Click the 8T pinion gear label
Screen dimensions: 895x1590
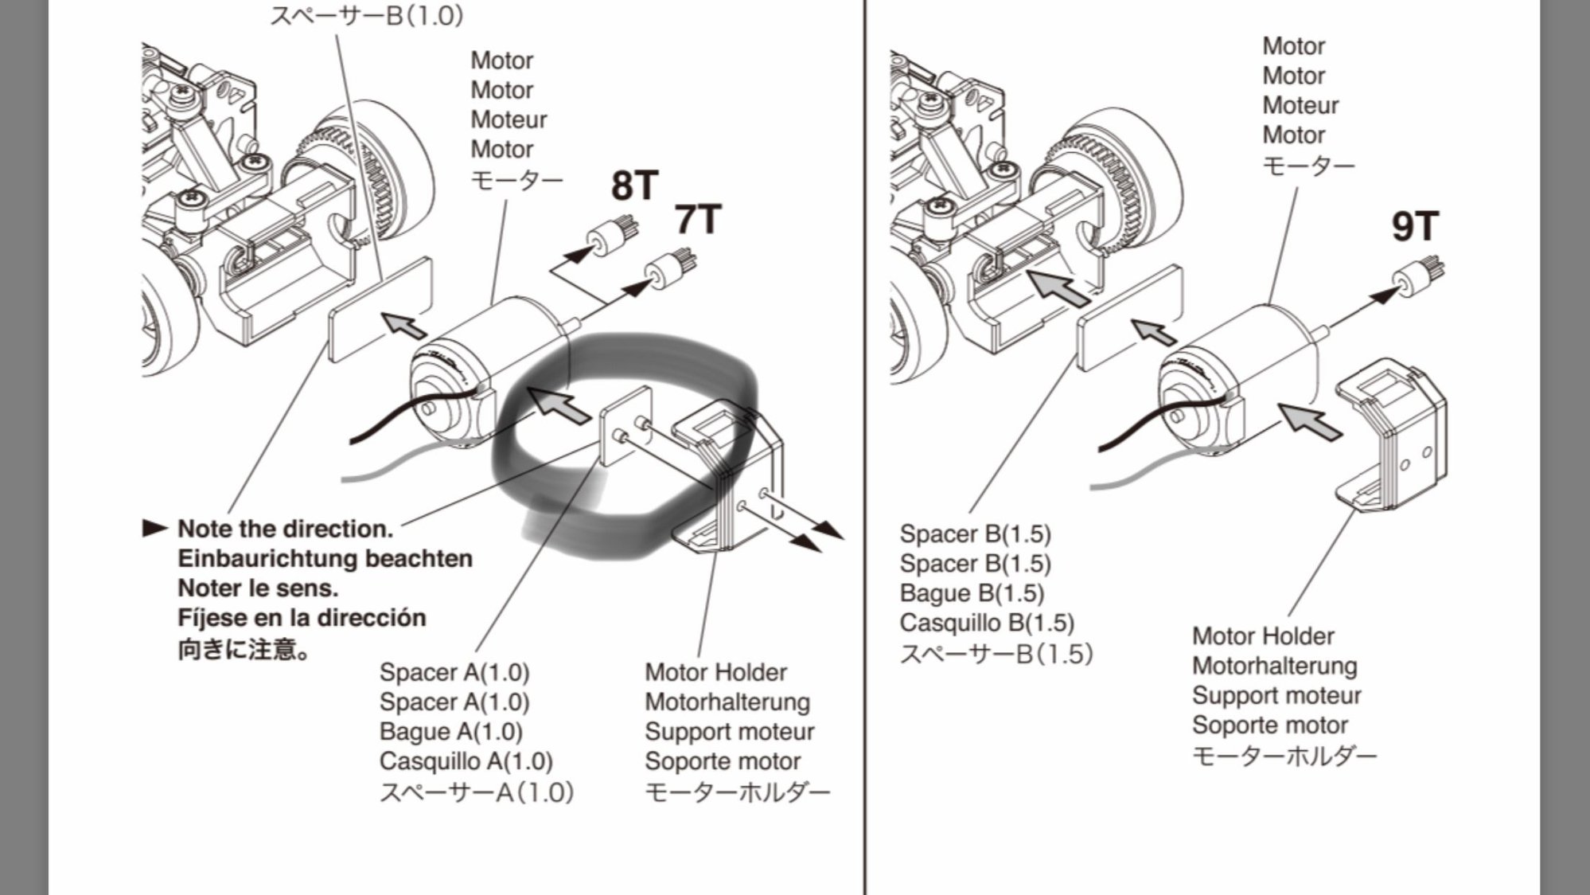coord(634,185)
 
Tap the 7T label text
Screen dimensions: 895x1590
coord(698,220)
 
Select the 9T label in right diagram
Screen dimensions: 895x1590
coord(1414,227)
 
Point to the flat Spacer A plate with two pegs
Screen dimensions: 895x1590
coord(624,425)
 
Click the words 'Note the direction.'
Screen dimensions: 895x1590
coord(285,529)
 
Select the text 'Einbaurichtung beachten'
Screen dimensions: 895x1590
coord(325,558)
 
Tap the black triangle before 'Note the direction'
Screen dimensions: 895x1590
coord(154,528)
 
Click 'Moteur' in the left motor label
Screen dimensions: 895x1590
coord(508,119)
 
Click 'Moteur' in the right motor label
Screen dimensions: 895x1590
coord(1300,105)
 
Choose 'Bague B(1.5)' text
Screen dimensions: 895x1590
coord(971,593)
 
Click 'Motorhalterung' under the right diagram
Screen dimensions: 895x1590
coord(1274,666)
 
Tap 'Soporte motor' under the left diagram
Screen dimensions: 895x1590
coord(722,761)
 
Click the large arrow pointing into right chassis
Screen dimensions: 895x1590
coord(1058,288)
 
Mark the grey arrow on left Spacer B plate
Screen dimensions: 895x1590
coord(403,325)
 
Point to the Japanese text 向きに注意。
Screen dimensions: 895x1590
coord(243,649)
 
